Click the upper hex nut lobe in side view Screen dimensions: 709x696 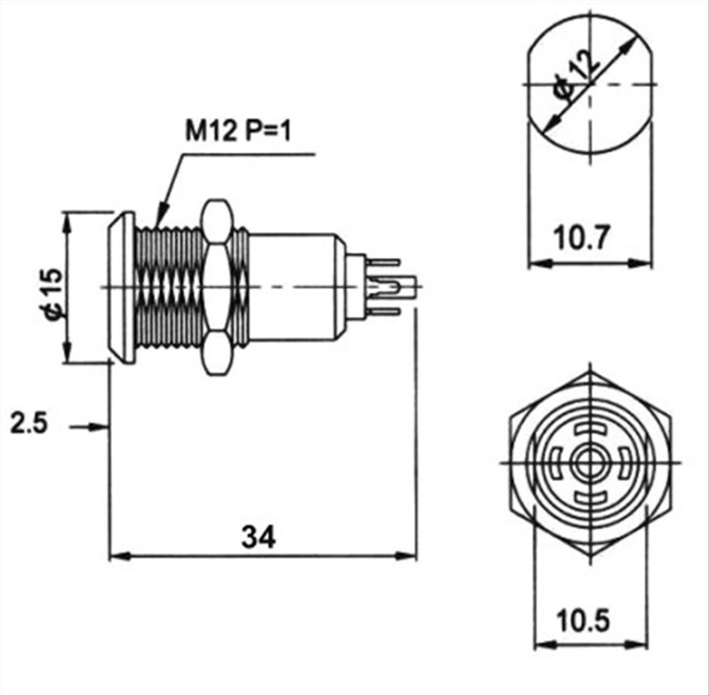coord(218,221)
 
